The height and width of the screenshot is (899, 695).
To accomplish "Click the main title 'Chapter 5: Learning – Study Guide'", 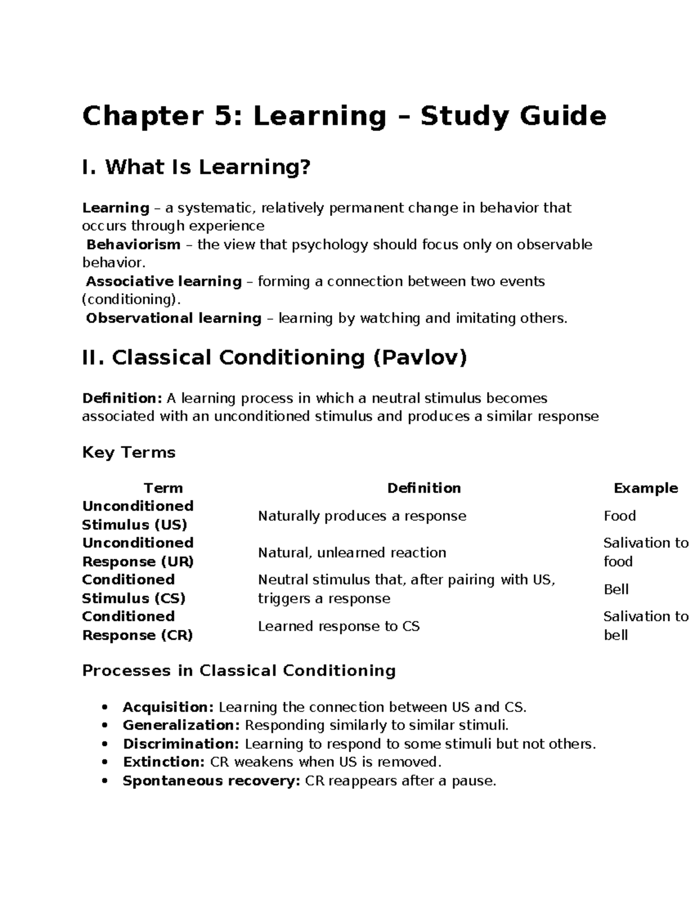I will [x=344, y=116].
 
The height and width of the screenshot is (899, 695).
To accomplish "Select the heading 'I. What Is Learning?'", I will [x=196, y=168].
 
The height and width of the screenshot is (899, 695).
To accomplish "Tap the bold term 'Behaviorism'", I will [x=133, y=245].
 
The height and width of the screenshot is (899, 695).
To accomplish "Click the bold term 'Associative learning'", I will [x=164, y=282].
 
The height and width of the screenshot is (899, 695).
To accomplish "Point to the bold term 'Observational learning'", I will [x=174, y=318].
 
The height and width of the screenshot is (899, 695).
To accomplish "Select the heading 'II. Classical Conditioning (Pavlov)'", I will [x=275, y=358].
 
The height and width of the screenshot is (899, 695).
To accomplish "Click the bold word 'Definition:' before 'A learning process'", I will [x=122, y=398].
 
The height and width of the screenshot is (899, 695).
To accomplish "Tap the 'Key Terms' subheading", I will [x=129, y=452].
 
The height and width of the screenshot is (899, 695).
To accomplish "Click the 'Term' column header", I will [x=163, y=488].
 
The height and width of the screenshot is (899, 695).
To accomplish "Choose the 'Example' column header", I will [x=645, y=488].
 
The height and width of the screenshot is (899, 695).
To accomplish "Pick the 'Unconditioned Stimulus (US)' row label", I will [x=138, y=515].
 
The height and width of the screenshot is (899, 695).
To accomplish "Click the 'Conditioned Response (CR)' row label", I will [x=137, y=626].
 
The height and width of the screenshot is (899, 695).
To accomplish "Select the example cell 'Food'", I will [x=620, y=516].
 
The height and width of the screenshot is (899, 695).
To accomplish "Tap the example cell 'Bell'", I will [x=616, y=589].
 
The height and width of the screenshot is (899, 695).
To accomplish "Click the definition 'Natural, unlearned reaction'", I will [x=352, y=553].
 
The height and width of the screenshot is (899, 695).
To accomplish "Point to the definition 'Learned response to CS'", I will [x=338, y=626].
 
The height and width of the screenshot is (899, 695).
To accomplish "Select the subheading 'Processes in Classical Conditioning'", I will [x=239, y=671].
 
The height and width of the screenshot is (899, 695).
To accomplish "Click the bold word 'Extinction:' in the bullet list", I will [x=164, y=762].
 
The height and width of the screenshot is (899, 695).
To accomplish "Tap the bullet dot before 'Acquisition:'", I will [x=105, y=707].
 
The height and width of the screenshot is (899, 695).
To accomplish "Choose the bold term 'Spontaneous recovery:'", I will [x=211, y=781].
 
